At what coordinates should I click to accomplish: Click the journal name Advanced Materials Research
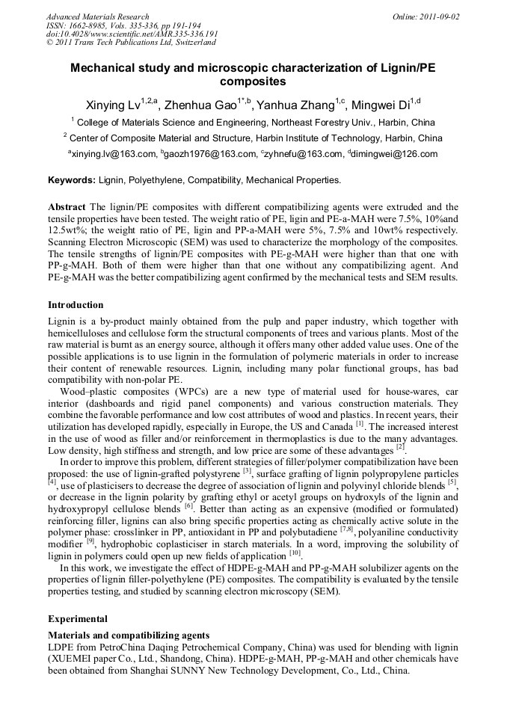[x=97, y=16]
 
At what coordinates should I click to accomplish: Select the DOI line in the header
[x=132, y=34]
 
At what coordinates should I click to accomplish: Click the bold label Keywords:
[x=72, y=180]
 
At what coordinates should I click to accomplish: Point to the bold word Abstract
[x=67, y=206]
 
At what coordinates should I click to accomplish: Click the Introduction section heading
[x=76, y=305]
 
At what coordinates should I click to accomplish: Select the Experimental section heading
[x=78, y=619]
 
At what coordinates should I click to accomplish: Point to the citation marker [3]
[x=247, y=471]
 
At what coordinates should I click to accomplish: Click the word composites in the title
[x=253, y=81]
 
